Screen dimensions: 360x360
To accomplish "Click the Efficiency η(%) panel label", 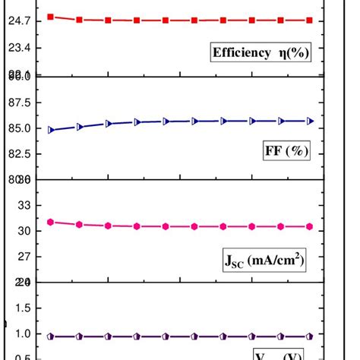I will [261, 52].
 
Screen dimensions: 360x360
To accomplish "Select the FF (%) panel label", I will [286, 150].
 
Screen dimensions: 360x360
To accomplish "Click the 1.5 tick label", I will [21, 308].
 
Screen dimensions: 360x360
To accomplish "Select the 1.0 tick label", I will [21, 333].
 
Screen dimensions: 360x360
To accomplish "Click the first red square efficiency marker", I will [51, 16].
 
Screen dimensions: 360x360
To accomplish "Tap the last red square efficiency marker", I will [309, 21].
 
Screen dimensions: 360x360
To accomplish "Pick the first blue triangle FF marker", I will [51, 130].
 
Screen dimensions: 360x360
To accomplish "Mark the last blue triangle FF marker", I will [309, 121].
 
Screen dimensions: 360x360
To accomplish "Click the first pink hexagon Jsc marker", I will [51, 222].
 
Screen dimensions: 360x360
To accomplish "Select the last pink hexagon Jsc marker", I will [309, 226].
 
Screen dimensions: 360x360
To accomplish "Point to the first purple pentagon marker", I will [51, 336].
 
